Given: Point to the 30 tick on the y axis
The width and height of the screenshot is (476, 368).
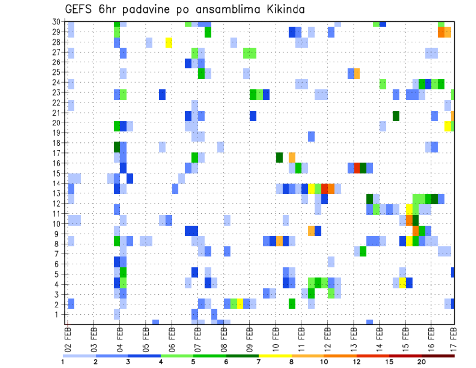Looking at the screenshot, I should coord(57,22).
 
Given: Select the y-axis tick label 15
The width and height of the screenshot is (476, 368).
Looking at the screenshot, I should coord(57,173).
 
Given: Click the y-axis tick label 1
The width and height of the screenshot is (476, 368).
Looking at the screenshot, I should coord(59,314).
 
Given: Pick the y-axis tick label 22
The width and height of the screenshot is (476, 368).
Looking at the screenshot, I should coord(57,103).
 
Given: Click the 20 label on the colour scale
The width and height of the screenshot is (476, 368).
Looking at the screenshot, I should coord(421,362).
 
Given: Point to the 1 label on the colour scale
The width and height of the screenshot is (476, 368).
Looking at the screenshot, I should coord(63,362).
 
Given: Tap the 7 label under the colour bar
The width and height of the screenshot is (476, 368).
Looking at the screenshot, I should coord(259,362).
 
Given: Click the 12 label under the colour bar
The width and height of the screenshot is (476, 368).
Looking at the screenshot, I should coord(356,362).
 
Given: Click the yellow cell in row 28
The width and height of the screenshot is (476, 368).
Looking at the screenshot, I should coord(169,42).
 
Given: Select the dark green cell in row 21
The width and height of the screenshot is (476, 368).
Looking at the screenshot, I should coord(396,116).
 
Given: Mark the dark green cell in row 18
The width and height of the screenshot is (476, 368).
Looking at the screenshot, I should coord(117,147).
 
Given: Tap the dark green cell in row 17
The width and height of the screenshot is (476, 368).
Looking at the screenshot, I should coord(279,157).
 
